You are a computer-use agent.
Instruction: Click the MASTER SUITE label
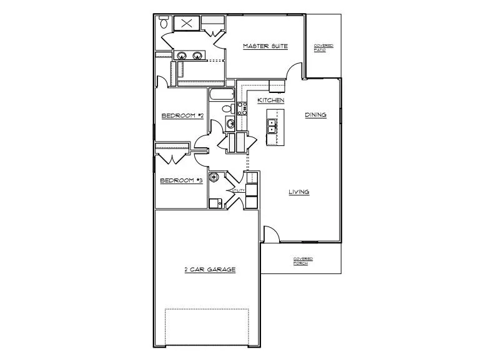(x=260, y=46)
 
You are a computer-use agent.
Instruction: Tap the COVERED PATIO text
(x=323, y=48)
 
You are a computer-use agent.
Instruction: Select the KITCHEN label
(x=271, y=100)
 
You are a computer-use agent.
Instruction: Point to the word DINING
(x=315, y=115)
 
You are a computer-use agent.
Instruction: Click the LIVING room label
(x=299, y=192)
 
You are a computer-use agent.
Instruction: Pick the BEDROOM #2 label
(x=182, y=115)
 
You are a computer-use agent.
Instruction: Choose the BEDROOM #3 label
(x=181, y=181)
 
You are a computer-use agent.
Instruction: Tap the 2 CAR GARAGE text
(x=209, y=270)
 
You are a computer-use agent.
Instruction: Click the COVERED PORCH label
(x=303, y=261)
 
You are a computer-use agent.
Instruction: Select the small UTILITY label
(x=236, y=190)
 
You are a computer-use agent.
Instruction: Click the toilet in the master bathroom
(x=164, y=23)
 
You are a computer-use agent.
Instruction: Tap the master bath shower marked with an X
(x=187, y=23)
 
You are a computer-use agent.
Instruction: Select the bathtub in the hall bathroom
(x=222, y=95)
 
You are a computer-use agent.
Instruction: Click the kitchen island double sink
(x=273, y=126)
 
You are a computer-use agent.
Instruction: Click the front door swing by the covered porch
(x=269, y=235)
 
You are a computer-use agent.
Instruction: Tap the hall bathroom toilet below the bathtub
(x=227, y=109)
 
